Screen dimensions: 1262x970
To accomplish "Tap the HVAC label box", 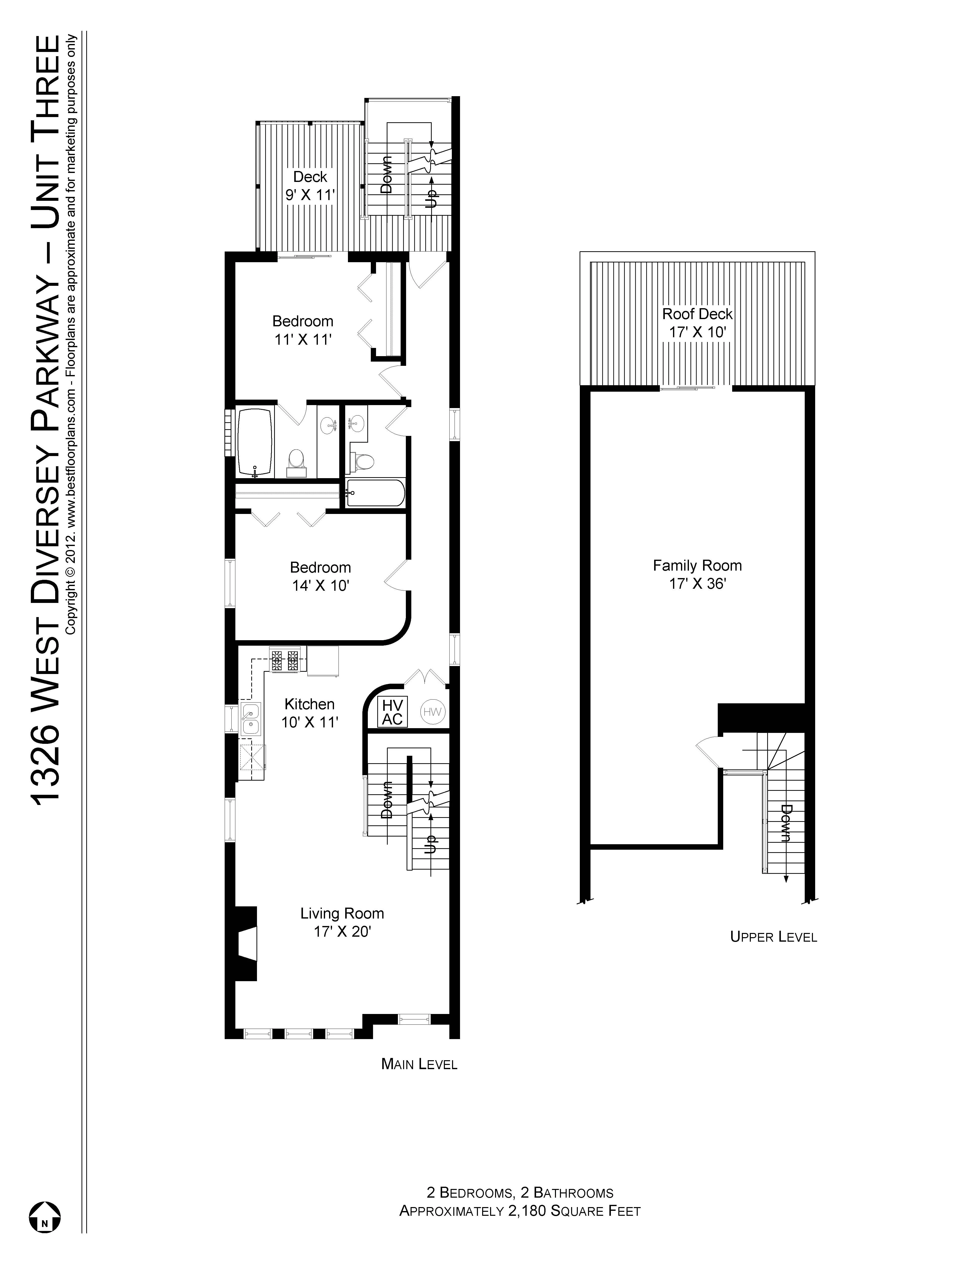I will [392, 712].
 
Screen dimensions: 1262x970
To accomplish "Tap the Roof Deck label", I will [697, 314].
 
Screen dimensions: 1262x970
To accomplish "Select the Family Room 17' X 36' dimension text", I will [697, 584].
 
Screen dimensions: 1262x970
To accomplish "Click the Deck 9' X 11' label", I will [310, 186].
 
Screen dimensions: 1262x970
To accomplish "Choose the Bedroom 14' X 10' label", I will [320, 576].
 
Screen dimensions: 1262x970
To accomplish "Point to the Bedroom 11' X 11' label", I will [302, 330].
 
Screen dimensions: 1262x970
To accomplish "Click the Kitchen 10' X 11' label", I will [309, 713].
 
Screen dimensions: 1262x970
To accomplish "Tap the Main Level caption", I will [419, 1064].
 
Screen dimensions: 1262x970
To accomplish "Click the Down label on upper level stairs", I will [785, 824].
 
